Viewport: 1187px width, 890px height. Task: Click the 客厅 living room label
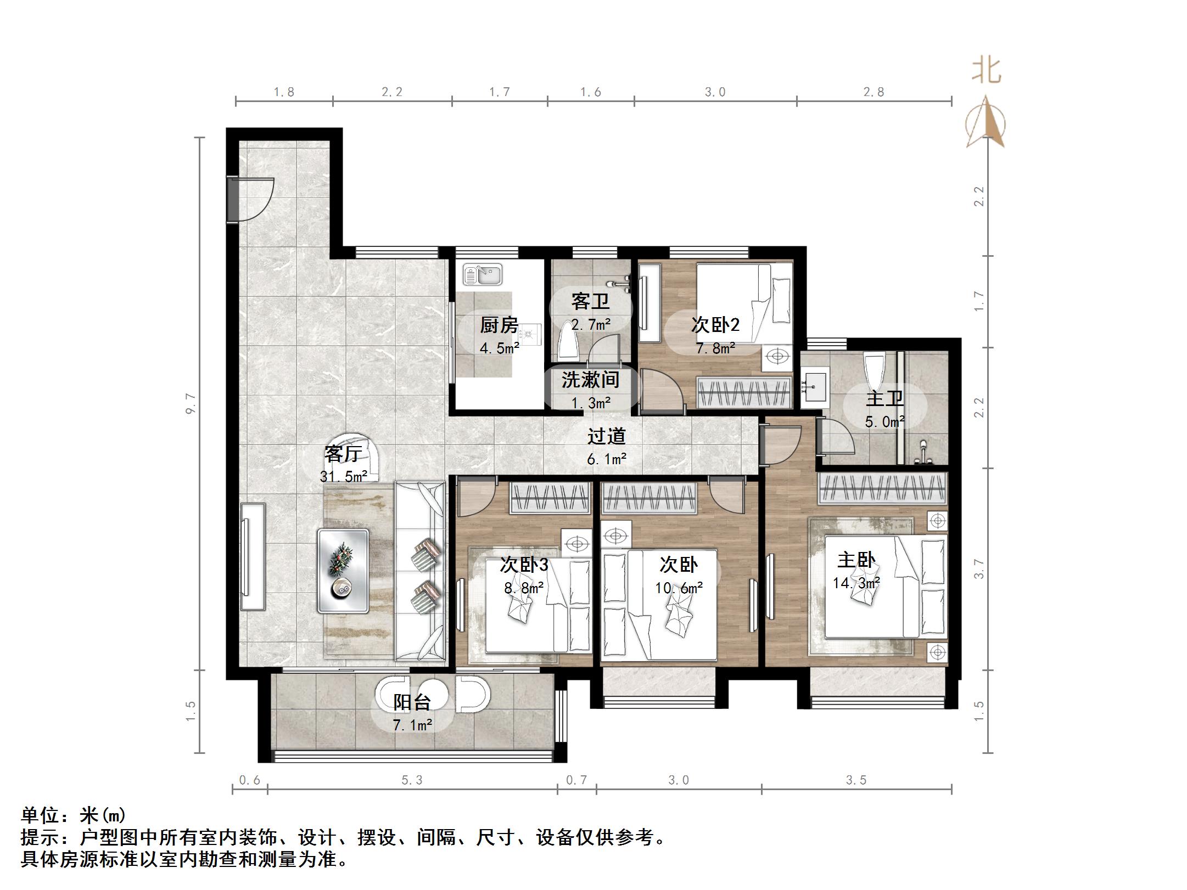[x=343, y=454]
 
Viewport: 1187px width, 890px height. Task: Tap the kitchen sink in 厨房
[x=483, y=275]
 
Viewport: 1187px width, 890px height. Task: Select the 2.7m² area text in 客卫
[x=591, y=325]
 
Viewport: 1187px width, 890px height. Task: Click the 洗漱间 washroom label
[x=590, y=380]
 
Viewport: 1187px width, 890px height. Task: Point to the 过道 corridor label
[x=606, y=436]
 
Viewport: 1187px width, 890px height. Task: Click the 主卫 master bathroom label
[x=884, y=398]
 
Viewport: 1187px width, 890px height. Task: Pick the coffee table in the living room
[x=343, y=571]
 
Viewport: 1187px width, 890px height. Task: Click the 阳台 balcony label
[x=412, y=702]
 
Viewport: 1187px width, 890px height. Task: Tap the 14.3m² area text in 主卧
[x=856, y=583]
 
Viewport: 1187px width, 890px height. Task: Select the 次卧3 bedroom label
[x=524, y=565]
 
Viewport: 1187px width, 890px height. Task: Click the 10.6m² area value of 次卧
[x=679, y=588]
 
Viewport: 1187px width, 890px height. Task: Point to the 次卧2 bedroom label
[x=715, y=325]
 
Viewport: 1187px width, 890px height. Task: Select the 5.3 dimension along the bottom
[x=412, y=780]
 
